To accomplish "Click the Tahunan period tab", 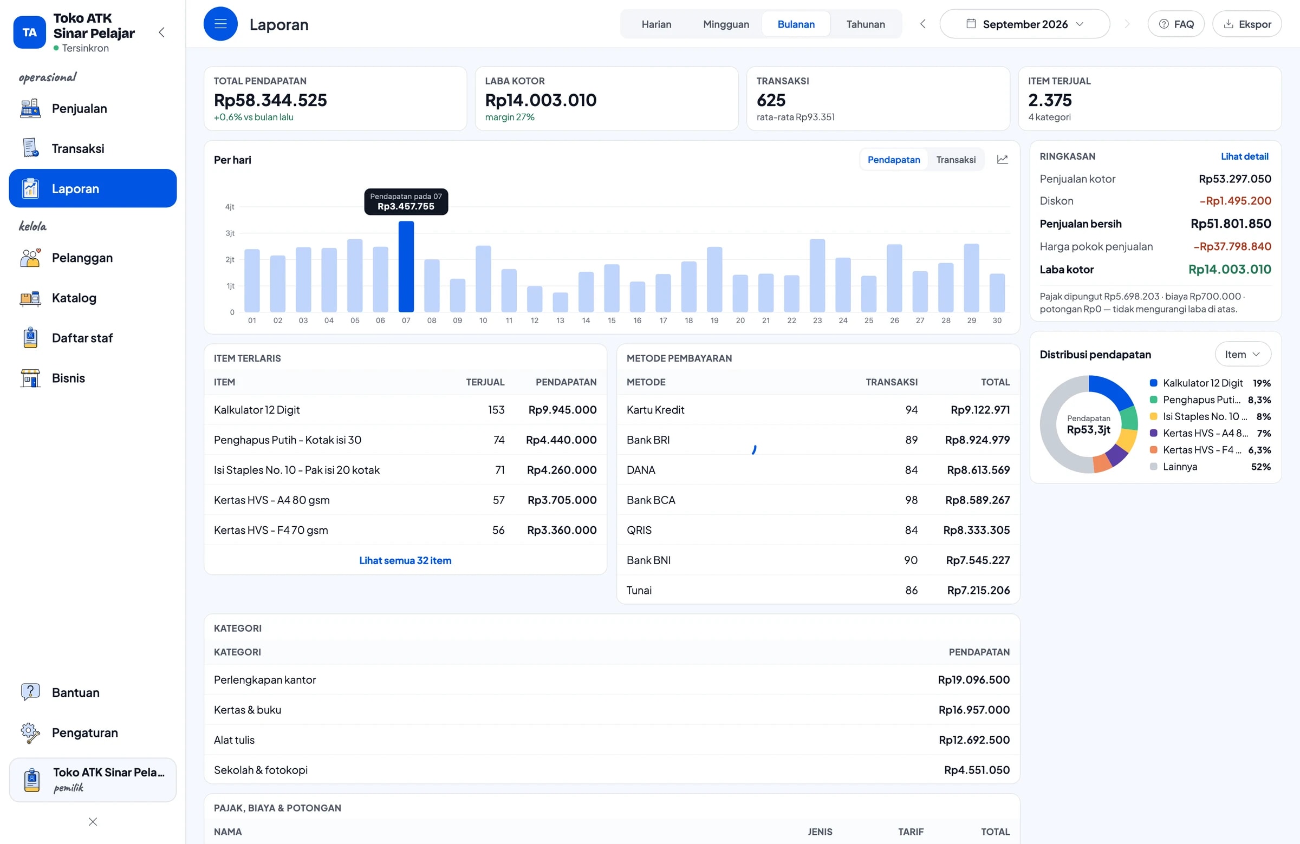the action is pyautogui.click(x=865, y=24).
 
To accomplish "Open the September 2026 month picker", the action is pyautogui.click(x=1024, y=24).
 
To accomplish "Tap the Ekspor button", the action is pyautogui.click(x=1247, y=24).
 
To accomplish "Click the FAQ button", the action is pyautogui.click(x=1176, y=24).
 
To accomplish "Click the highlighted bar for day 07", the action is pyautogui.click(x=406, y=266).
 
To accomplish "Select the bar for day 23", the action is pyautogui.click(x=817, y=276).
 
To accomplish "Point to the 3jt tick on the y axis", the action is pyautogui.click(x=230, y=233).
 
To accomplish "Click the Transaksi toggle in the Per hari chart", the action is pyautogui.click(x=956, y=159).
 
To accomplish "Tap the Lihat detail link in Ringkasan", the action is pyautogui.click(x=1244, y=156).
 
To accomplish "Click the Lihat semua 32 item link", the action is pyautogui.click(x=405, y=560).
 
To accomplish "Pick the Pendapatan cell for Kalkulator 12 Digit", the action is pyautogui.click(x=562, y=409).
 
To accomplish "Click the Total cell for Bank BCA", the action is pyautogui.click(x=977, y=500).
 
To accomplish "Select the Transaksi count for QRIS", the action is pyautogui.click(x=911, y=529).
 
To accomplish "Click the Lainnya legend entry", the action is pyautogui.click(x=1180, y=466).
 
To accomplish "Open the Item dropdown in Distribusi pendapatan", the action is pyautogui.click(x=1243, y=354).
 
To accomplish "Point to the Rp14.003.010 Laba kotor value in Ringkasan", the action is pyautogui.click(x=1230, y=269).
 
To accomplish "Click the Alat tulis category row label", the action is pyautogui.click(x=235, y=740).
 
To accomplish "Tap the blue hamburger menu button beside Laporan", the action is pyautogui.click(x=220, y=24).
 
